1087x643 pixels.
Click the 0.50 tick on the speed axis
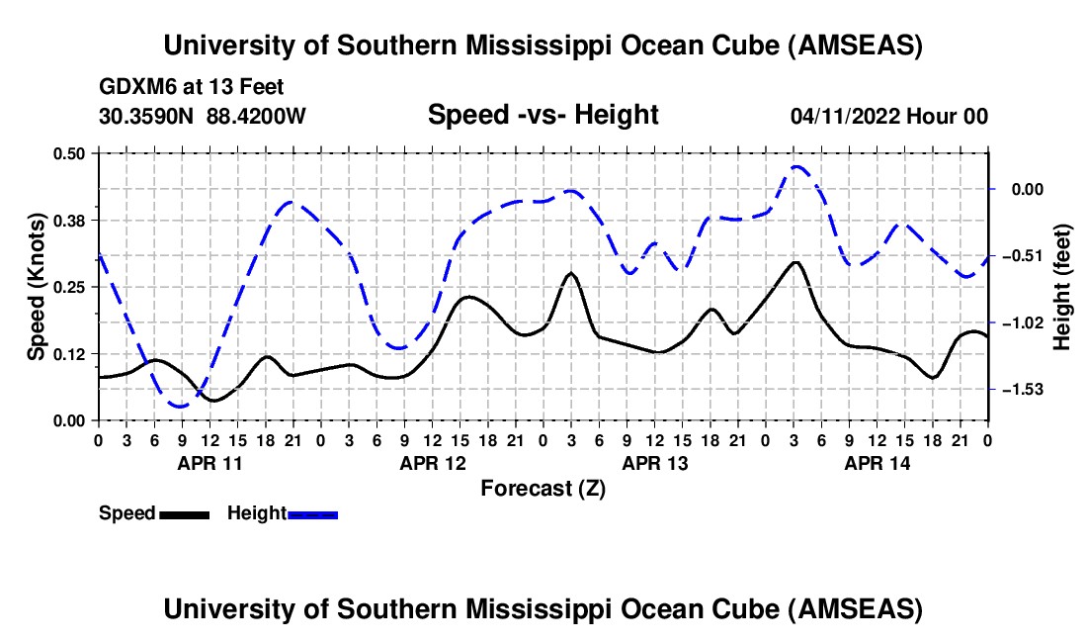pos(69,152)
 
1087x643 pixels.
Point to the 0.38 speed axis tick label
pos(69,220)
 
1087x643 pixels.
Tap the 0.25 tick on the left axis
pos(69,287)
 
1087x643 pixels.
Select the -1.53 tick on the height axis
pos(1027,390)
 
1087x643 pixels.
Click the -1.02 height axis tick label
pos(1027,322)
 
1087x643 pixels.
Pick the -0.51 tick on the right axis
pos(1027,255)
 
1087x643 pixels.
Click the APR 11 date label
pos(209,462)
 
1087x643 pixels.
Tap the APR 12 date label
pos(432,462)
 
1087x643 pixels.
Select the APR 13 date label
pos(654,462)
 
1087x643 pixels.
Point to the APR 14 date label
pos(877,462)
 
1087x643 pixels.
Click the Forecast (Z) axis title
pos(543,488)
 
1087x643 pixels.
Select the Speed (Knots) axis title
pos(37,286)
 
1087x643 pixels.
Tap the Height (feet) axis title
pos(1062,286)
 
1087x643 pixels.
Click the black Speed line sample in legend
pos(184,514)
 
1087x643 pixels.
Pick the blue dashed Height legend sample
pos(312,514)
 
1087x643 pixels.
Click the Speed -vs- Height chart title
pos(543,115)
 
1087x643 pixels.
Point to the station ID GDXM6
pos(135,87)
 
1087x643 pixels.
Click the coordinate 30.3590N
pos(147,116)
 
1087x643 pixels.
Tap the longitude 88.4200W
pos(256,116)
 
